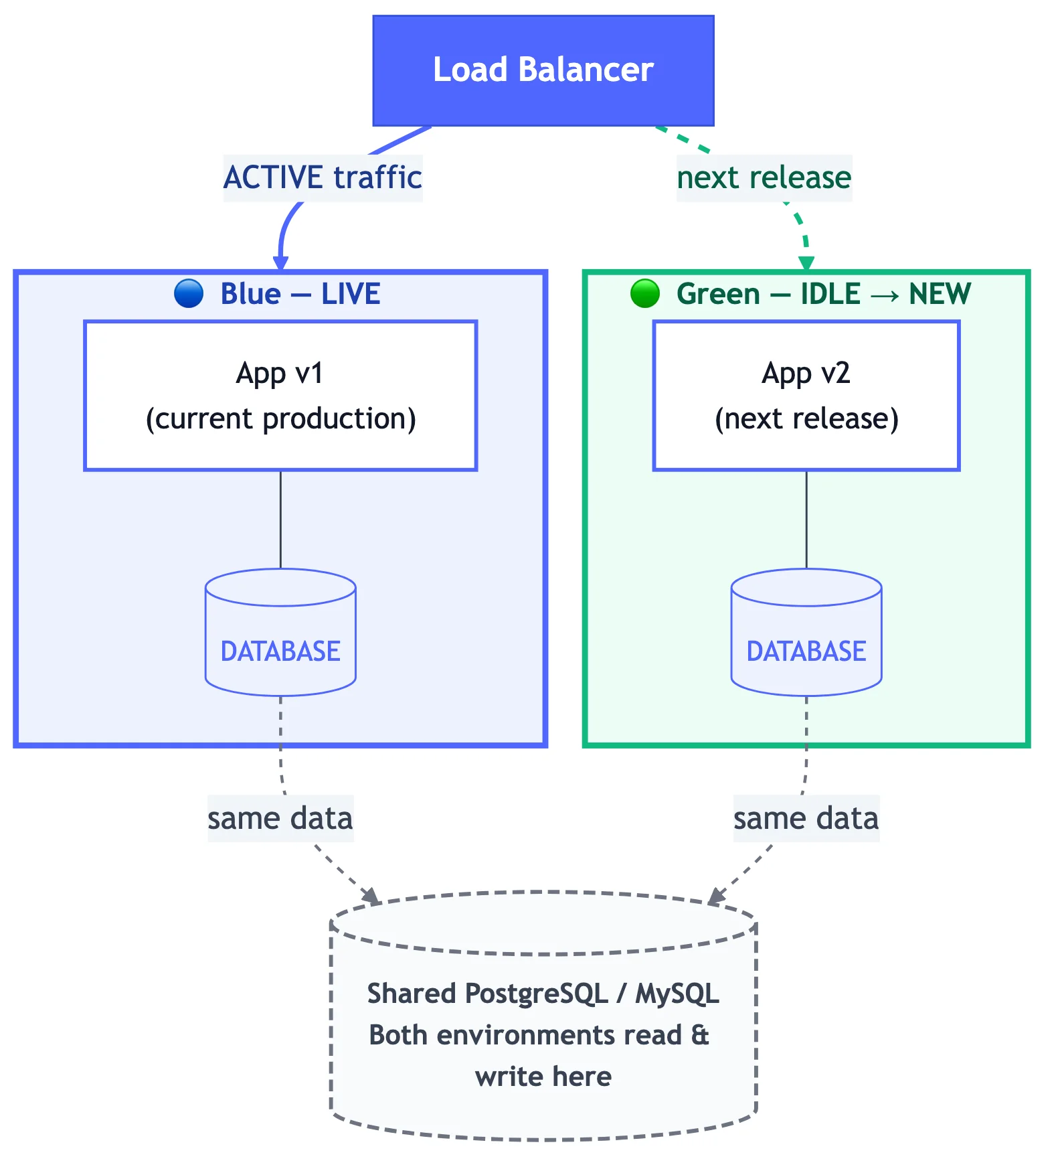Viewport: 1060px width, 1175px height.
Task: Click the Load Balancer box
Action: (543, 70)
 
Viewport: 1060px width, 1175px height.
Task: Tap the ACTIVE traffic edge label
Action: (323, 178)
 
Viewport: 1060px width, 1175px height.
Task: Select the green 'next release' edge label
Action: (764, 178)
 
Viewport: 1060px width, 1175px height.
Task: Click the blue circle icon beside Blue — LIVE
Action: (189, 294)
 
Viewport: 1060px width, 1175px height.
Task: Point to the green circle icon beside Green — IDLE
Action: (645, 294)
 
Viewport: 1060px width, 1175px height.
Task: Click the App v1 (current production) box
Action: (280, 396)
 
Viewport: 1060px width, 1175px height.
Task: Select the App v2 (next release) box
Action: (806, 396)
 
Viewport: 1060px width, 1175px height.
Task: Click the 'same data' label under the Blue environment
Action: (280, 819)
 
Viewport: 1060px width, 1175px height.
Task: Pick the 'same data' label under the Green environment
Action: (806, 819)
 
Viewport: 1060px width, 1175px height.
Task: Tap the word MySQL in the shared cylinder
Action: (677, 994)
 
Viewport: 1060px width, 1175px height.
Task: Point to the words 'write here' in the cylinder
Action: (543, 1077)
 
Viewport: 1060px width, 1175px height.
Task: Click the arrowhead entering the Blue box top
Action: (281, 263)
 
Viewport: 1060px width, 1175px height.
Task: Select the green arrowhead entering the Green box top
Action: (806, 263)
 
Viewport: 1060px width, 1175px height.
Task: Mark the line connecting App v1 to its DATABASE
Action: (280, 520)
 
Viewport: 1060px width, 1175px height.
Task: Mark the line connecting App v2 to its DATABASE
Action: (806, 520)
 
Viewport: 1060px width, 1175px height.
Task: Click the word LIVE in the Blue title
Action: (350, 294)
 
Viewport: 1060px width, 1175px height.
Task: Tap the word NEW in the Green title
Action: (940, 294)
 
